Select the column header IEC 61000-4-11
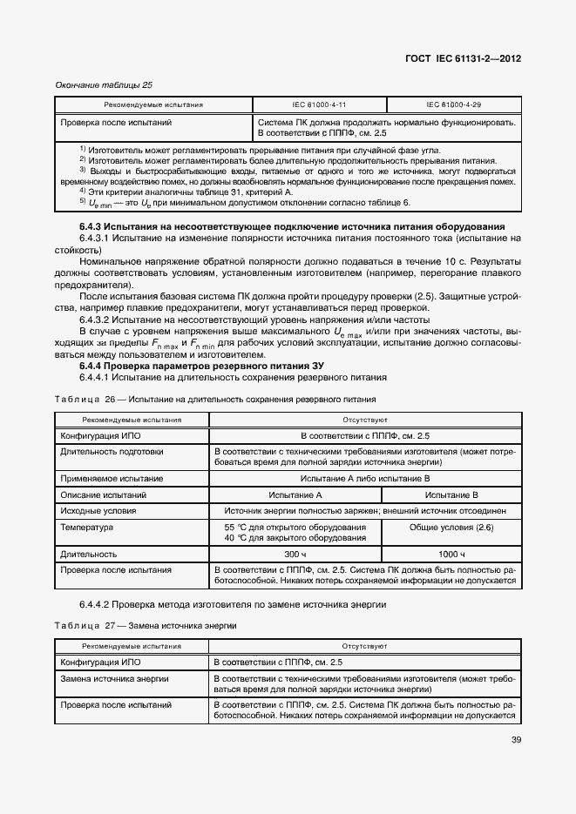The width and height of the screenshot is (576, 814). (318, 104)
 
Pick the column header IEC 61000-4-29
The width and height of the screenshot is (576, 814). (453, 104)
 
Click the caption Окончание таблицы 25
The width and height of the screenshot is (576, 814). (104, 84)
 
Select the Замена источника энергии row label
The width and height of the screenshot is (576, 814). (114, 677)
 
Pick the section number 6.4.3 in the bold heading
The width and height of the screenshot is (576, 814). (93, 226)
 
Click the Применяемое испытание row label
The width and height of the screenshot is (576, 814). (111, 478)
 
